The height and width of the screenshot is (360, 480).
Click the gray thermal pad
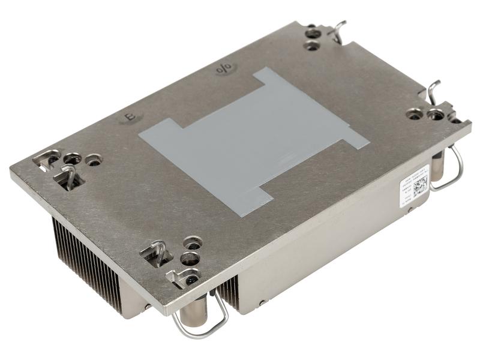click(252, 138)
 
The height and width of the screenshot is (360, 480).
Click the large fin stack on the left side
click(90, 258)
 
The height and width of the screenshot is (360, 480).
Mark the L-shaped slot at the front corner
click(180, 277)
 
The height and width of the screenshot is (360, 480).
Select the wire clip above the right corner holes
click(436, 90)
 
